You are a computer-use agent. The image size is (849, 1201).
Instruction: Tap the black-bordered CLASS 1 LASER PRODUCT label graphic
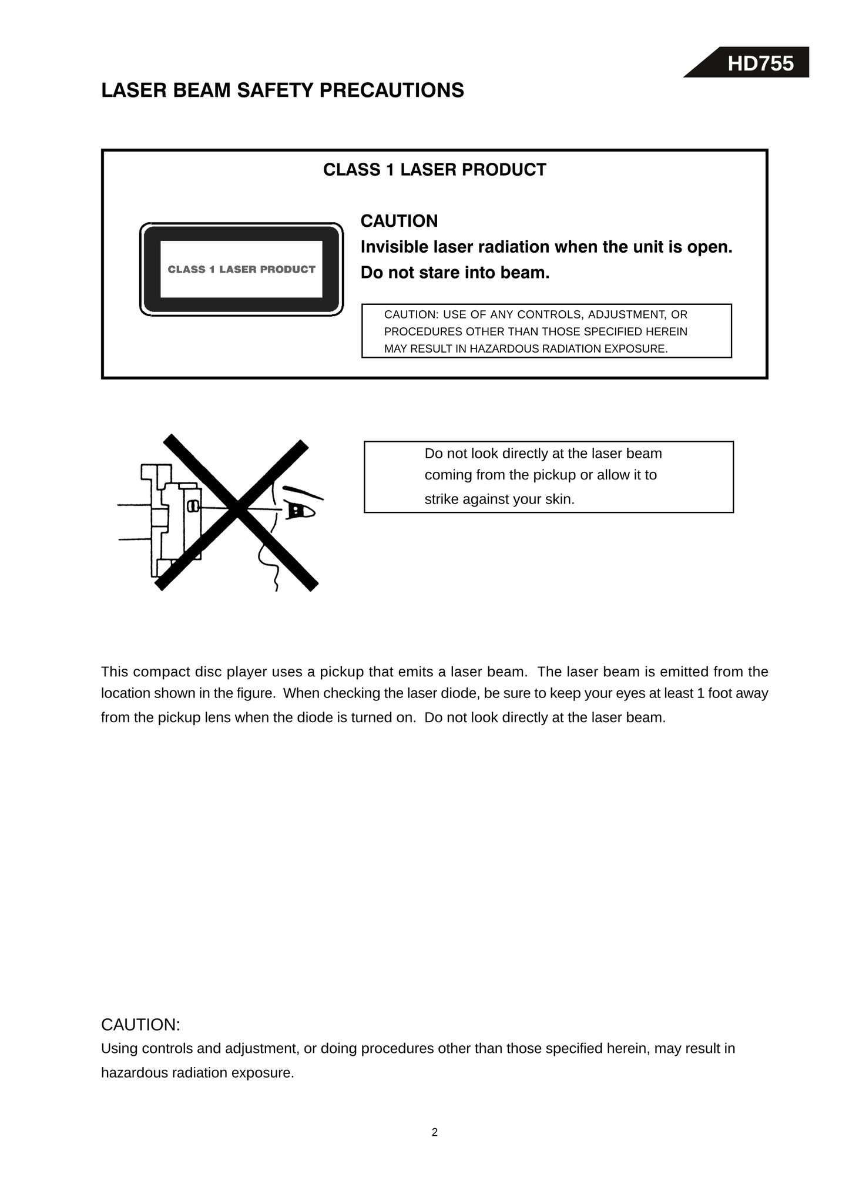[241, 269]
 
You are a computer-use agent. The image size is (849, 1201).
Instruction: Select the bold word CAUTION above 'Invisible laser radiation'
[399, 221]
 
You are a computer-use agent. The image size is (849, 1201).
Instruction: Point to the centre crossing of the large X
[237, 509]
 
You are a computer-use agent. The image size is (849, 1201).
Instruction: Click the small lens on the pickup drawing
[192, 506]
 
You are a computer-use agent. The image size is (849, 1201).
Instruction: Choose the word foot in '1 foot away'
[719, 693]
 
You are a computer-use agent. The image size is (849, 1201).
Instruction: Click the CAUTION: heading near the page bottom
[140, 1025]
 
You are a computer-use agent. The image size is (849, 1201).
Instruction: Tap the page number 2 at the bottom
[435, 1132]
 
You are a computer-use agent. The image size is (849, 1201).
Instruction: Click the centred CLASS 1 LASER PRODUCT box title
[435, 170]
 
